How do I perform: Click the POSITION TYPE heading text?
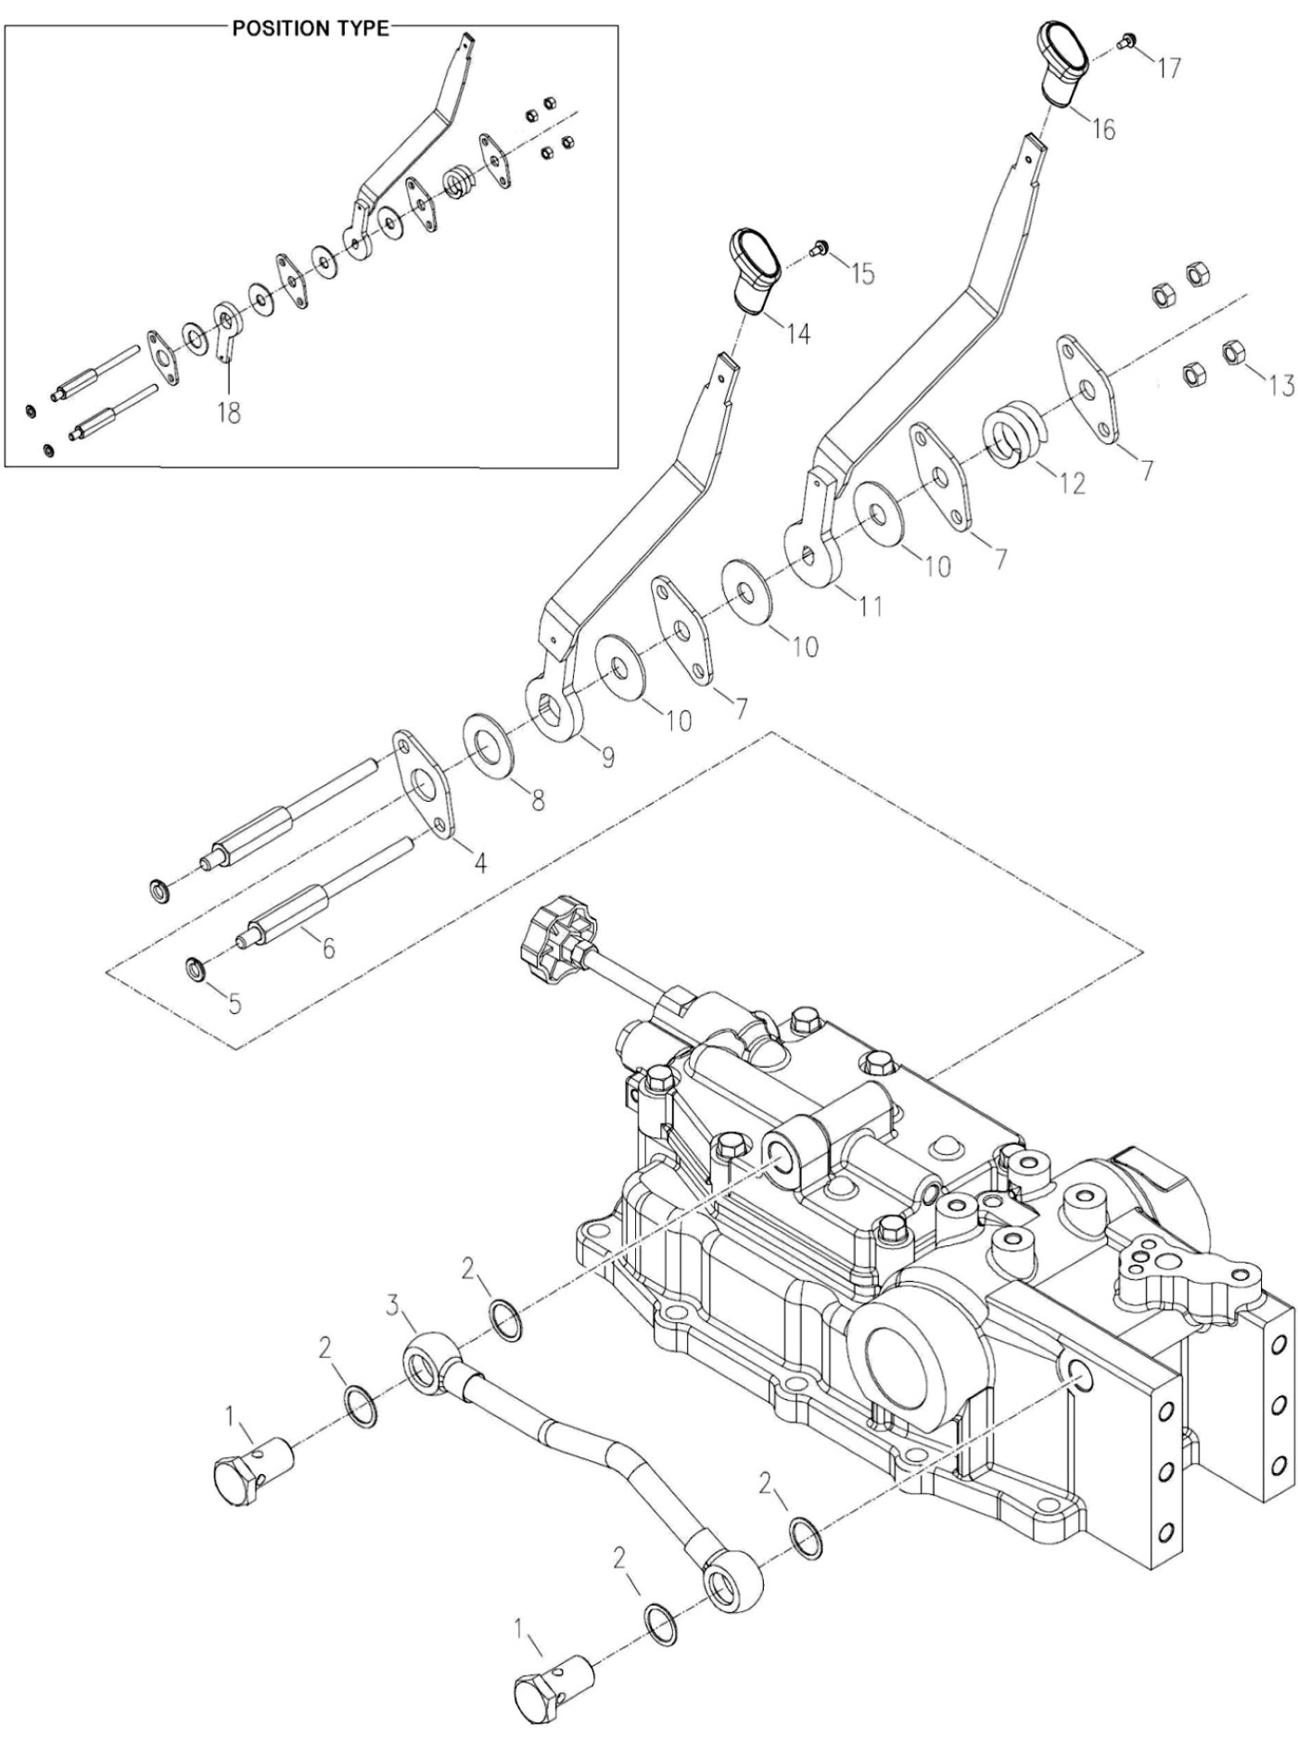pos(310,28)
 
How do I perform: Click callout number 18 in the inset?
pos(228,412)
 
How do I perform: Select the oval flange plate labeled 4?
pos(423,782)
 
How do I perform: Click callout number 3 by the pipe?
pos(392,1307)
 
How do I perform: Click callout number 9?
pos(607,757)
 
